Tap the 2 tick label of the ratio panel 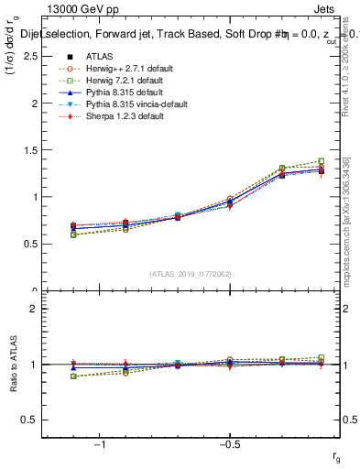click(x=35, y=309)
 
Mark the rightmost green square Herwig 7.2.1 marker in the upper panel click(x=322, y=161)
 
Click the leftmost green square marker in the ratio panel click(x=73, y=376)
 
